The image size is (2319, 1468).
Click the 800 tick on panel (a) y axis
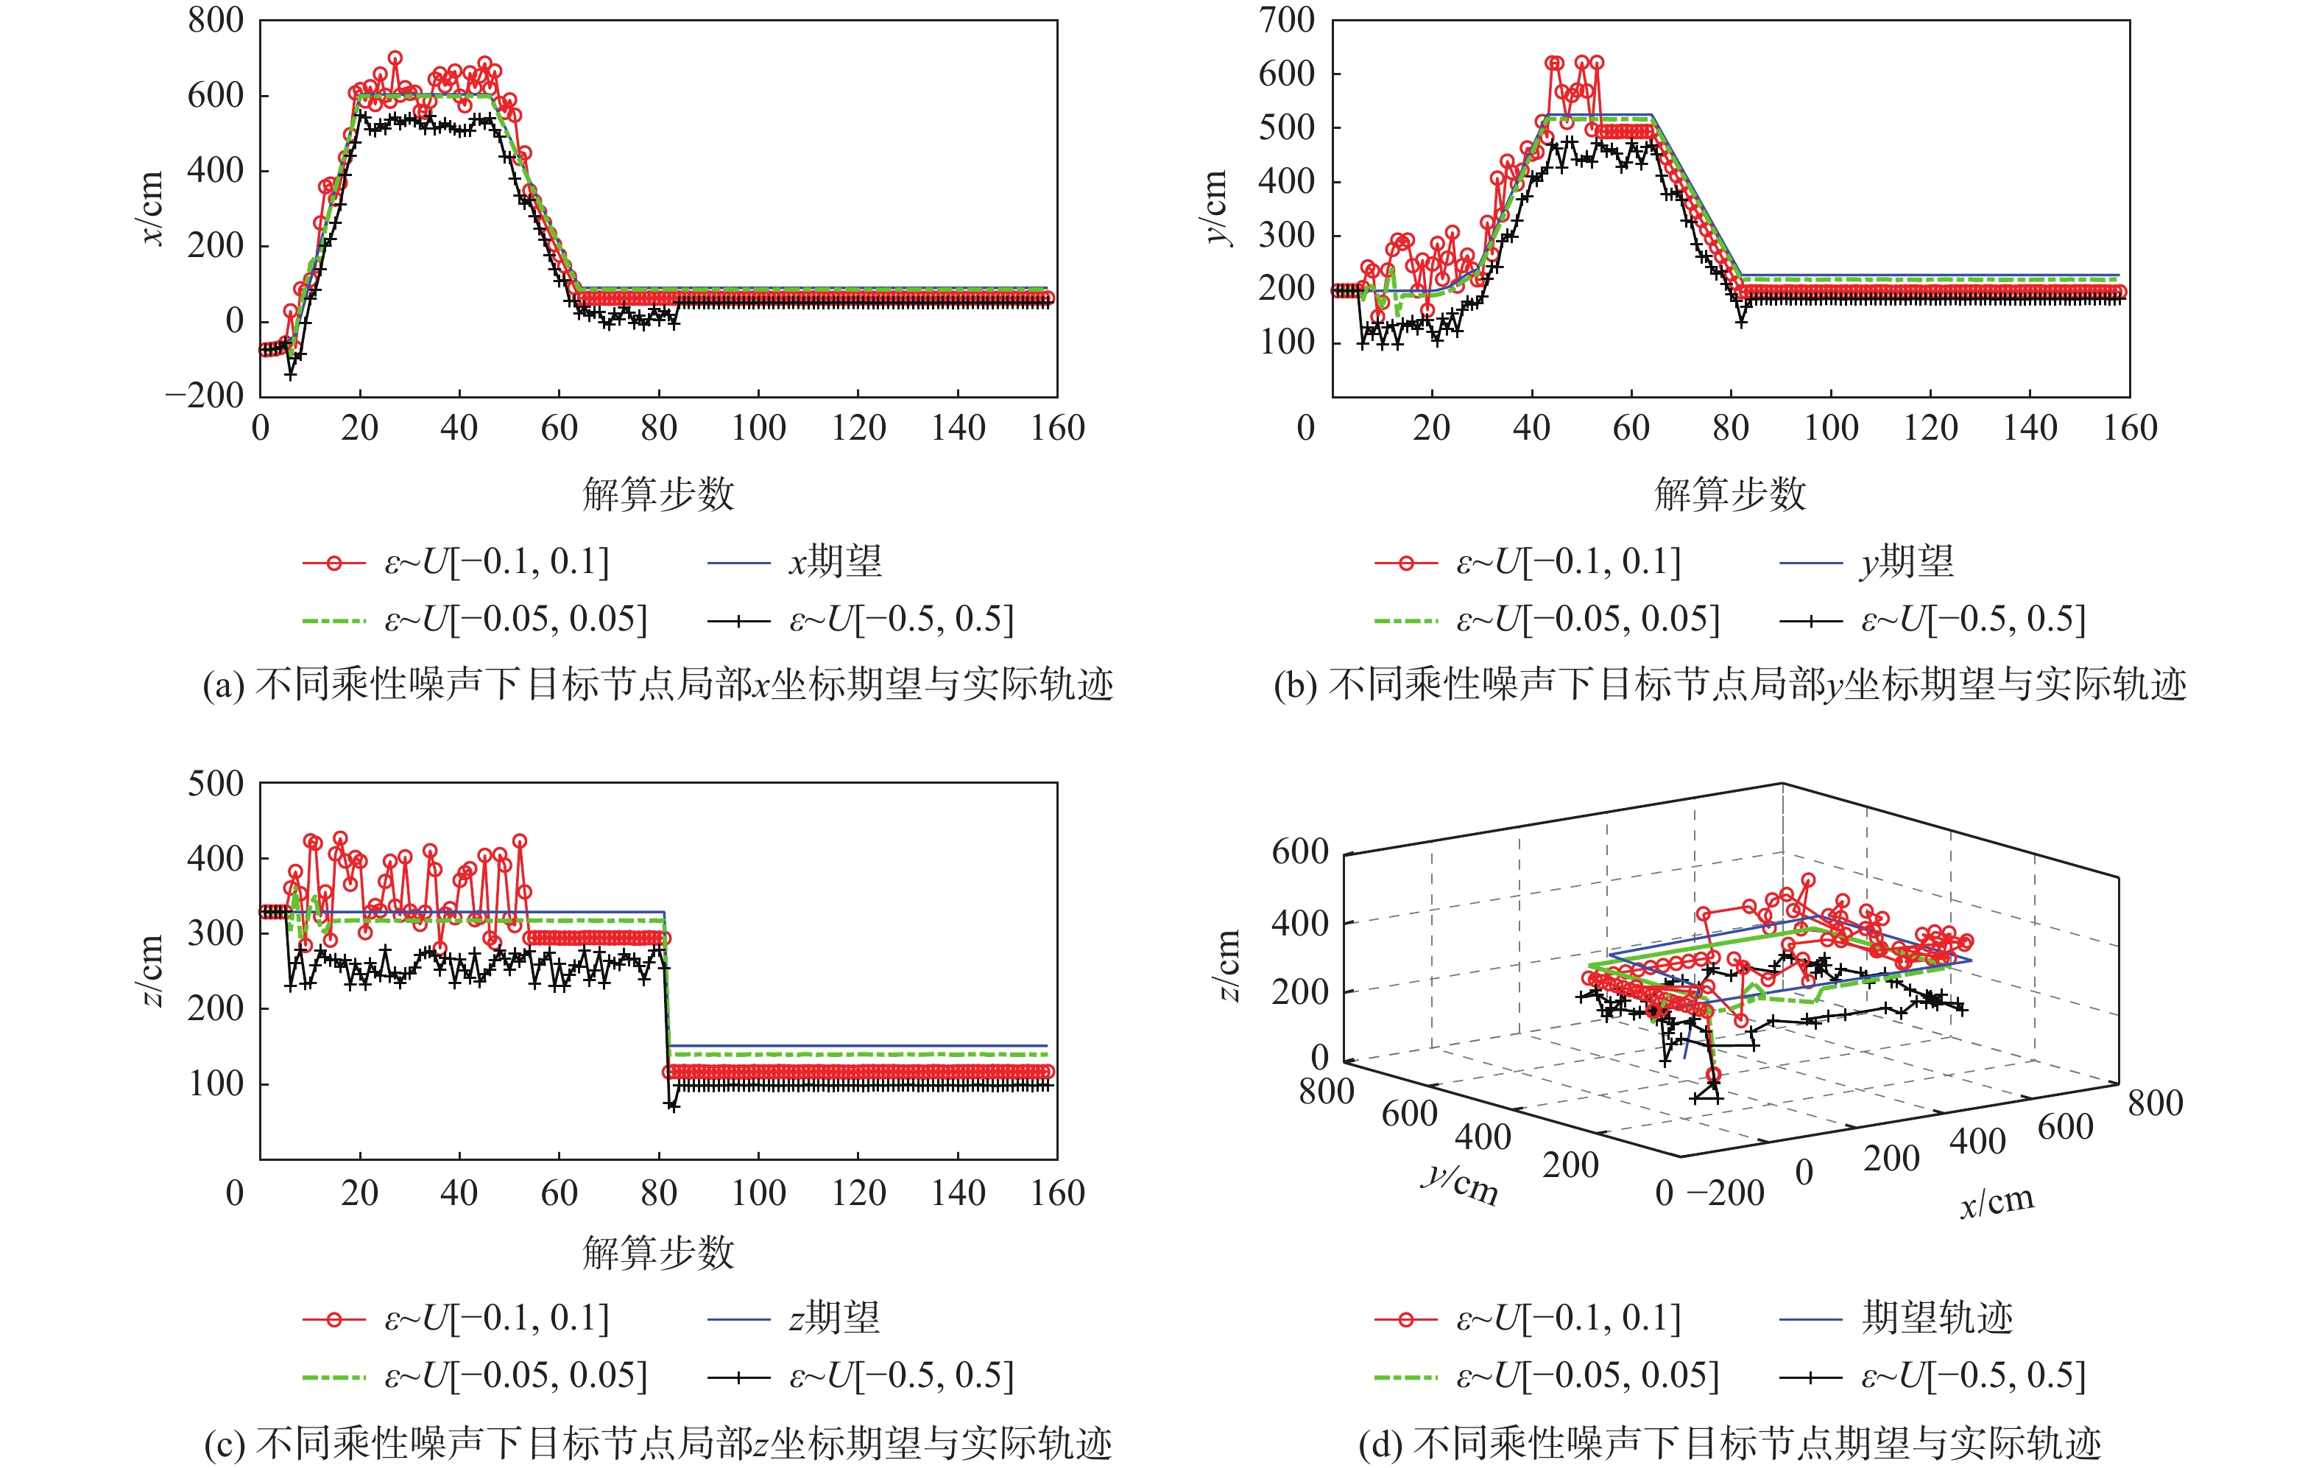216,20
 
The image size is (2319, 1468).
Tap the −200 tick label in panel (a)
204,395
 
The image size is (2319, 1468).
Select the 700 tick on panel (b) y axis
1287,20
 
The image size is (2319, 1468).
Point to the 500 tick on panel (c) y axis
216,783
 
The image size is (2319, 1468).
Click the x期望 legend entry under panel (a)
834,561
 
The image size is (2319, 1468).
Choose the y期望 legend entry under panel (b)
1906,561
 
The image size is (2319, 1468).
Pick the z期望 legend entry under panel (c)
834,1318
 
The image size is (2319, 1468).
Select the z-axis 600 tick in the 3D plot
1299,851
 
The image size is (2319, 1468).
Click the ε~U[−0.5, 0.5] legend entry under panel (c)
901,1375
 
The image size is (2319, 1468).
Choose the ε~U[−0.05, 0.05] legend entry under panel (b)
1587,619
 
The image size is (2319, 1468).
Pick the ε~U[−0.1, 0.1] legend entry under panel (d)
1568,1318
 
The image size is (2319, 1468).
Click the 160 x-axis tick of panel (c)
1057,1193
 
